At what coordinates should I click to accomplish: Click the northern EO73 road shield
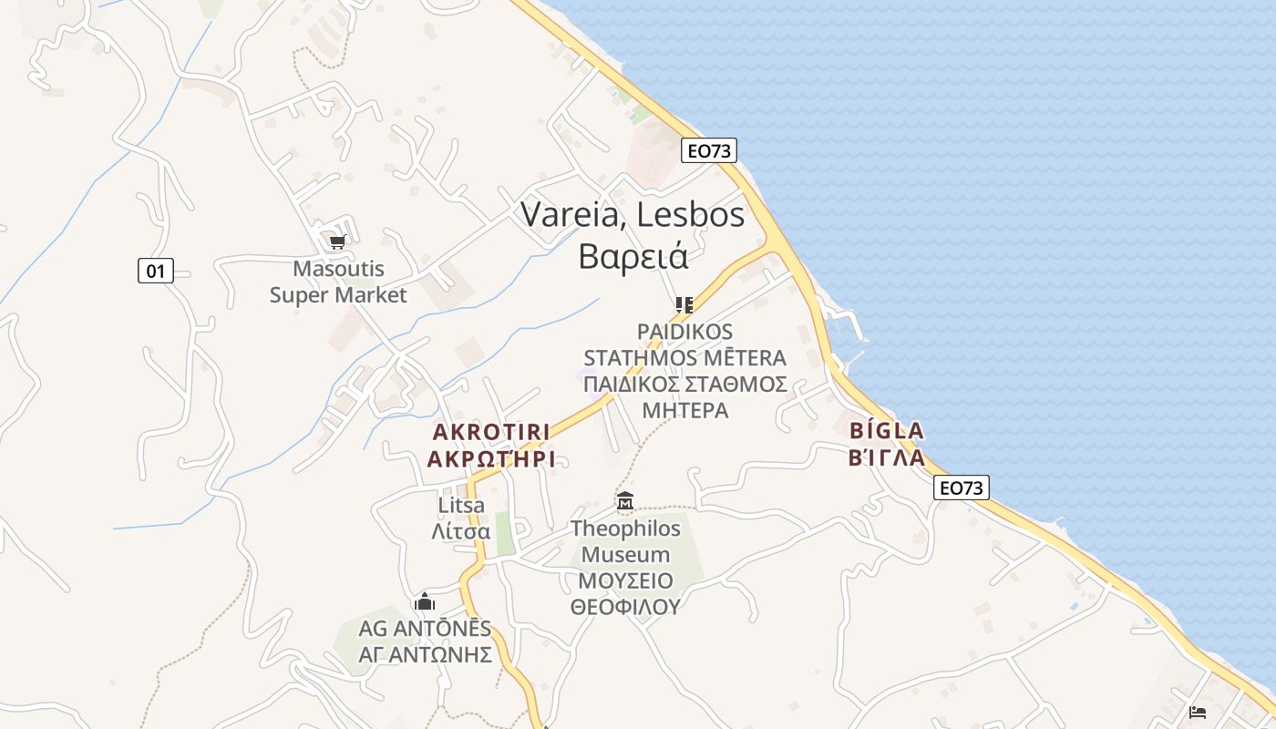[708, 151]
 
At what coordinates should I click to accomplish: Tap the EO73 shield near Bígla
[962, 488]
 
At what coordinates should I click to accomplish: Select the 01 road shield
[156, 271]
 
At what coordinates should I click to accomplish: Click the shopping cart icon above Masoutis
[337, 241]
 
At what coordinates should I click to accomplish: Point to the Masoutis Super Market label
[338, 282]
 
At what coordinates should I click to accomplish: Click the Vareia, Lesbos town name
[633, 215]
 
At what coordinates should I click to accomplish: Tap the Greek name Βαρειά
[633, 256]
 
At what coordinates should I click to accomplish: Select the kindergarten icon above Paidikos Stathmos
[684, 304]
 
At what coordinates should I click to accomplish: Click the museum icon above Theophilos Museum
[625, 500]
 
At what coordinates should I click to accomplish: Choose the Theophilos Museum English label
[625, 541]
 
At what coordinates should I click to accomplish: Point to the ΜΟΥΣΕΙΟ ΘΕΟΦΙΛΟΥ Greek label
[625, 594]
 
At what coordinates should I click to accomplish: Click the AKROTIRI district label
[491, 431]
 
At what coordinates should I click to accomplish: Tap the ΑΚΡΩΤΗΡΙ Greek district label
[491, 458]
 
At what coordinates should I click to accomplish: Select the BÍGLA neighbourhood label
[886, 430]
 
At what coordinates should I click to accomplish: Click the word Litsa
[461, 505]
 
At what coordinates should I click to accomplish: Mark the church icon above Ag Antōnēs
[424, 602]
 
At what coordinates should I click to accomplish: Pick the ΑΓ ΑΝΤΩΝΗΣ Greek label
[425, 655]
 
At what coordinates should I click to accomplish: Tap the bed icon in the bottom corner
[1198, 712]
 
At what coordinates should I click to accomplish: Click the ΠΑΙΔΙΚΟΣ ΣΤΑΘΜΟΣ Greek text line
[684, 384]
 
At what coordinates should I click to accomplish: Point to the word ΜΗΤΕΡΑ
[684, 410]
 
